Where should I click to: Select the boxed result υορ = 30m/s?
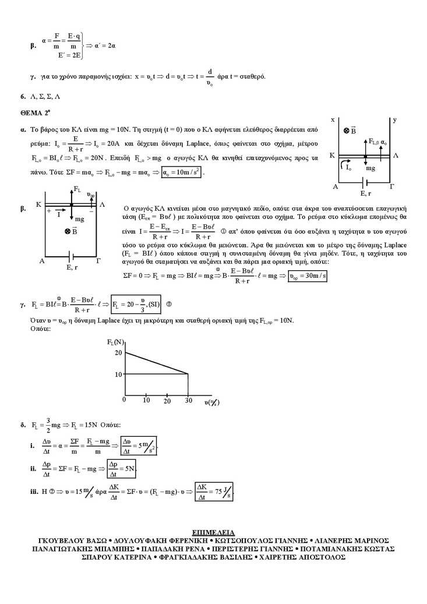point(308,276)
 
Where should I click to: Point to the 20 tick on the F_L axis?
point(118,352)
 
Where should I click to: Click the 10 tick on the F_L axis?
point(118,374)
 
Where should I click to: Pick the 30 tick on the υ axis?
point(188,401)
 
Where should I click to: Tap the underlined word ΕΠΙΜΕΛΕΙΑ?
point(213,532)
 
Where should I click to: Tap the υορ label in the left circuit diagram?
point(91,194)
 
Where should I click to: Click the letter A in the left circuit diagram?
point(42,262)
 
